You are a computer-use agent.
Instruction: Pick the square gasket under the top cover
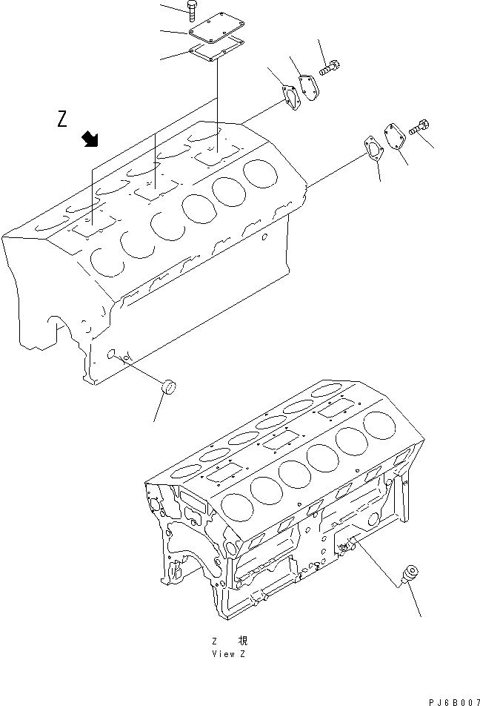218,51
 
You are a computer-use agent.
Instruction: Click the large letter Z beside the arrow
62,119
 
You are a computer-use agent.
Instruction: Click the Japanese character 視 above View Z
242,641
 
